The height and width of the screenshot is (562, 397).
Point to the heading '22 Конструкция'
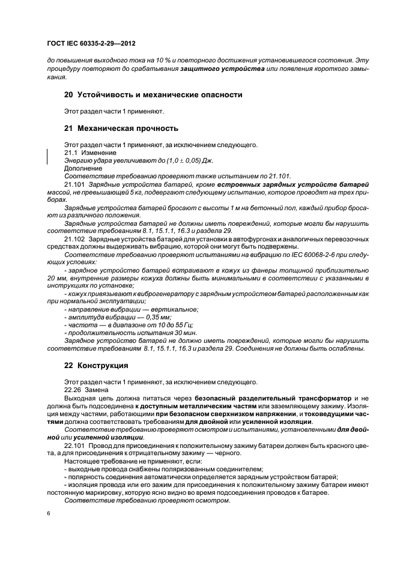[95, 365]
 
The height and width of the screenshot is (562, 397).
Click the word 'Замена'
[97, 390]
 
